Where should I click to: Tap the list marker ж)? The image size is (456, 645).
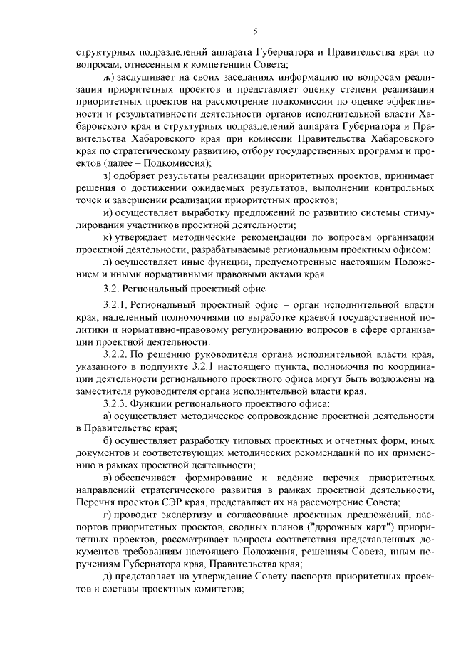[x=109, y=78]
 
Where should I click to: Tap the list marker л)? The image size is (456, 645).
[x=108, y=262]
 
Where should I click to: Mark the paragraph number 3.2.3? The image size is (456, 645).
[x=118, y=403]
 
